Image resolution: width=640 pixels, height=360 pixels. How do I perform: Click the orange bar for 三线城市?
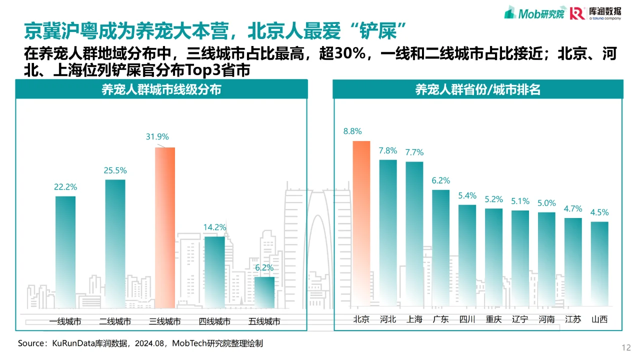pyautogui.click(x=165, y=227)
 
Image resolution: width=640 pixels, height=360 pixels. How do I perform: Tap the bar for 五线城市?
pyautogui.click(x=264, y=292)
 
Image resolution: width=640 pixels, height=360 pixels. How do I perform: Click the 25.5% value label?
pyautogui.click(x=115, y=170)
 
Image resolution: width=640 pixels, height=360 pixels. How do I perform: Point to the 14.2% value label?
pyautogui.click(x=214, y=227)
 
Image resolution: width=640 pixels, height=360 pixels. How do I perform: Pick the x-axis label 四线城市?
pyautogui.click(x=214, y=321)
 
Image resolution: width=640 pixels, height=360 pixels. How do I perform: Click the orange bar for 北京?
pyautogui.click(x=361, y=223)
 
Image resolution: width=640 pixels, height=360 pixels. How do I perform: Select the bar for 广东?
pyautogui.click(x=441, y=247)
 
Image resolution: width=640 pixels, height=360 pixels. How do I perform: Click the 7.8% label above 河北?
pyautogui.click(x=388, y=150)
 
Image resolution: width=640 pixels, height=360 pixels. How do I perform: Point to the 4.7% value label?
pyautogui.click(x=573, y=209)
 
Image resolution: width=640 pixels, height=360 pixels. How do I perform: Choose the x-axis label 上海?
pyautogui.click(x=414, y=319)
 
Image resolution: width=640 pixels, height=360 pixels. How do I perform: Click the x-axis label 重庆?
pyautogui.click(x=493, y=319)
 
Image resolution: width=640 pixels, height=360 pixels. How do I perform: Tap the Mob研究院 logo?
pyautogui.click(x=534, y=13)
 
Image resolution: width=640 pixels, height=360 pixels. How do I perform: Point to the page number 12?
pyautogui.click(x=625, y=347)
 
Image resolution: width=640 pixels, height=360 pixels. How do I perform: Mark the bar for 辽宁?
pyautogui.click(x=520, y=258)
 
